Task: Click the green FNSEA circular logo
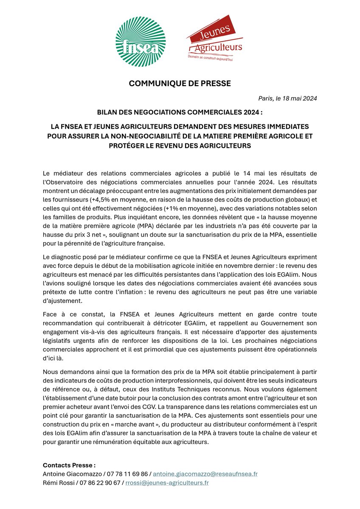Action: [x=141, y=41]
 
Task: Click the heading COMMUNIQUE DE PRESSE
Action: [x=180, y=84]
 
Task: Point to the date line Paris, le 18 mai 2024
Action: [x=287, y=98]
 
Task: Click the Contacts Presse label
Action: [x=69, y=465]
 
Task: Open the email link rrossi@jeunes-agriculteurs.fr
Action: [x=166, y=483]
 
